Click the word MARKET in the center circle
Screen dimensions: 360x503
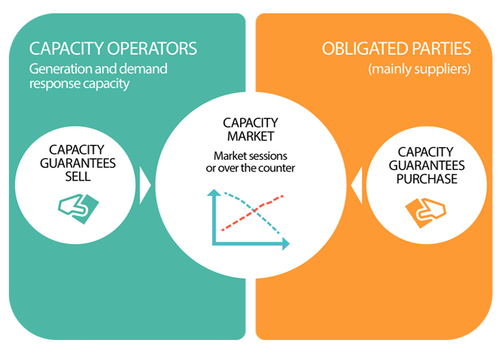click(x=253, y=137)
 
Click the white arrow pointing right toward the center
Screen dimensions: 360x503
click(x=145, y=185)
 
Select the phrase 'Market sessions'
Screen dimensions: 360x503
click(x=253, y=156)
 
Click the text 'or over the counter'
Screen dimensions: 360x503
click(x=253, y=169)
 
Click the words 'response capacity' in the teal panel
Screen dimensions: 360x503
click(x=78, y=84)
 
